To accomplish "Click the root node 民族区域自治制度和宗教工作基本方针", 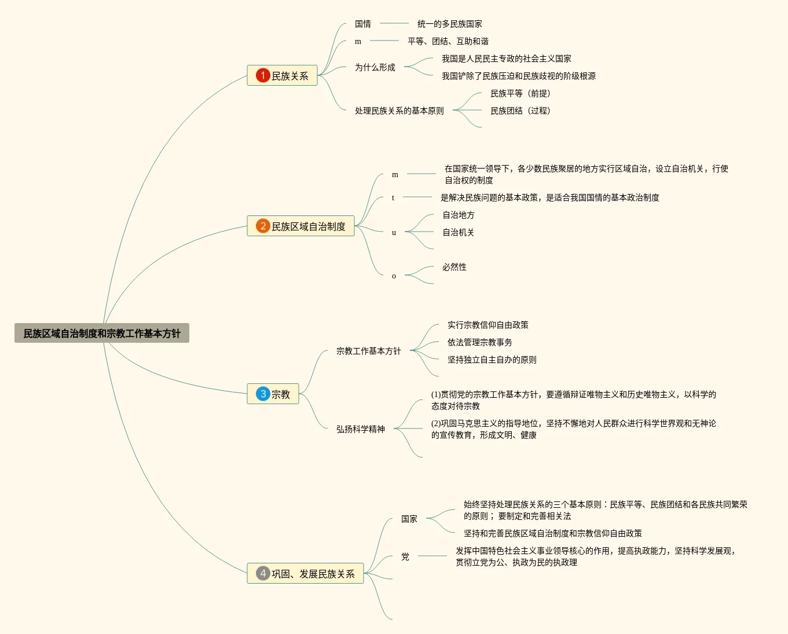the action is click(102, 334).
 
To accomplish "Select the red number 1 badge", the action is click(263, 75).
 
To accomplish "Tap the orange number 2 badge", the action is click(263, 226).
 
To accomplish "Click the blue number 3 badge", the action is click(263, 394).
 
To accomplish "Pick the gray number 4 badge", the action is click(263, 573).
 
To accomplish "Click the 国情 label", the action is click(363, 24).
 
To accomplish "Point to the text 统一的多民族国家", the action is click(450, 24).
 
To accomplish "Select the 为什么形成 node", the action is click(375, 67).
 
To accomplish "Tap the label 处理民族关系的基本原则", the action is click(400, 111).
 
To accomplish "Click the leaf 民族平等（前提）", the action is click(521, 93).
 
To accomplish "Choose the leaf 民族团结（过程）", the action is click(521, 111).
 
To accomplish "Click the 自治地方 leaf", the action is click(459, 215).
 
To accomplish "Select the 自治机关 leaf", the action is click(459, 232).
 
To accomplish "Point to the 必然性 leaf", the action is click(455, 267).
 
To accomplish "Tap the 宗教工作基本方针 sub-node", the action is click(369, 351).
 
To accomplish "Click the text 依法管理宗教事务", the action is click(480, 342).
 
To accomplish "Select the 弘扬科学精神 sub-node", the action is click(361, 429).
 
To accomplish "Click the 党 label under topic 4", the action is click(405, 556).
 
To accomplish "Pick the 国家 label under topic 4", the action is click(409, 519).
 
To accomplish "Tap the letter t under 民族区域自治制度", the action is click(393, 197).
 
